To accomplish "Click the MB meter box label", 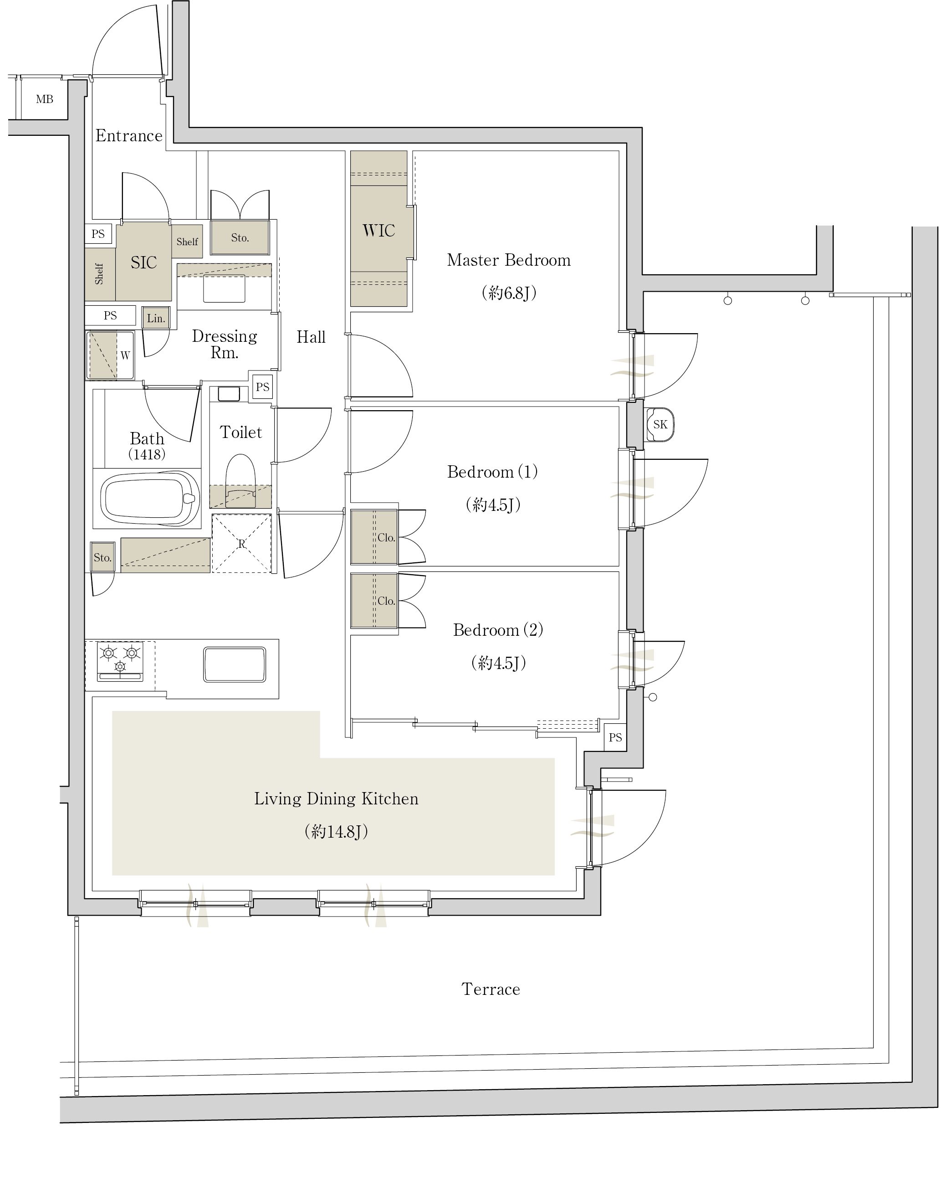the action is click(44, 99).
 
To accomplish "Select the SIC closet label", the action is click(144, 263).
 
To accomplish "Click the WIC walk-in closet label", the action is click(378, 230).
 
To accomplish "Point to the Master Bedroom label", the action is click(509, 260).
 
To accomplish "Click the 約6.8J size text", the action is click(509, 293).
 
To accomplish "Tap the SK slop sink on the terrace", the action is click(660, 424).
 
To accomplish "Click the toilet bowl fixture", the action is click(240, 480).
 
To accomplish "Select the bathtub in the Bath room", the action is click(150, 498).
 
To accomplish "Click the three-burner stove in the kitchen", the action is click(120, 661).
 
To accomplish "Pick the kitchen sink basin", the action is click(235, 664).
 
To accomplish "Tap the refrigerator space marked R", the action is click(241, 544).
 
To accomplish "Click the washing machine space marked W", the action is click(110, 355).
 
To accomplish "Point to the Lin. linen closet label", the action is click(156, 318).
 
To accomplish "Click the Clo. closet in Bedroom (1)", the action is click(374, 537).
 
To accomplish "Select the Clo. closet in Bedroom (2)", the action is click(374, 600).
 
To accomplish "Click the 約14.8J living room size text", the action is click(336, 831).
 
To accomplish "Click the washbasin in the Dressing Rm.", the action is click(224, 288).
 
